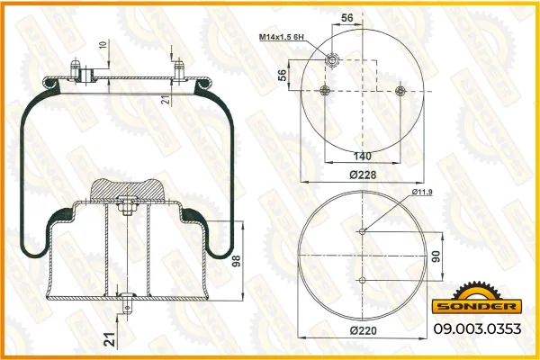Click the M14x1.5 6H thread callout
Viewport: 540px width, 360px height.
click(282, 37)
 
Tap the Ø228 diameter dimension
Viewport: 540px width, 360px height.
click(363, 175)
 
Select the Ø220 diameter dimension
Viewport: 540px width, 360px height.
click(363, 330)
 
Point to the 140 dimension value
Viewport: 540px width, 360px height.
click(363, 156)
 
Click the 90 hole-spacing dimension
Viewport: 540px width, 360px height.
click(436, 256)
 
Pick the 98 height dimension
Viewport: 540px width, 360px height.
click(236, 261)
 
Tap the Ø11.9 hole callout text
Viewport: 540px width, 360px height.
click(422, 192)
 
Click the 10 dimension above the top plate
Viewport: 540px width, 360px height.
click(103, 44)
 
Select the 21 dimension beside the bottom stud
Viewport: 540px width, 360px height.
click(110, 339)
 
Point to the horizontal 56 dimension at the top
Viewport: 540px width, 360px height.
click(347, 18)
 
